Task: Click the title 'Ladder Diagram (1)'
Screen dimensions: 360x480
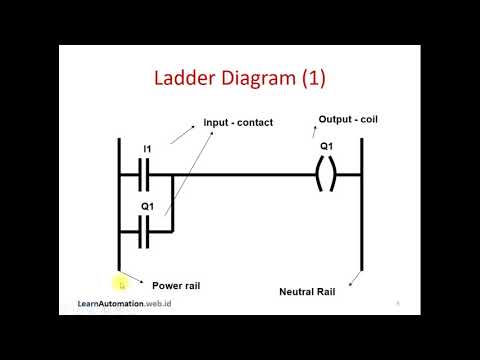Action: [x=241, y=77]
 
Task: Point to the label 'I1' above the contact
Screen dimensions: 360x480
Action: [x=146, y=149]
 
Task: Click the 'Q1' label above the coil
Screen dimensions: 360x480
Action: [x=327, y=146]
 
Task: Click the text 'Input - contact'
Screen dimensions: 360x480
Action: [x=238, y=123]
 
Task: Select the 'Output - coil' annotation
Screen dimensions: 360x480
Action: [x=347, y=120]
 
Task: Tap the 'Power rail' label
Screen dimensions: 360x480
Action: [x=176, y=285]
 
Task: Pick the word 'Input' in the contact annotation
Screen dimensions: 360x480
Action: [x=216, y=123]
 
